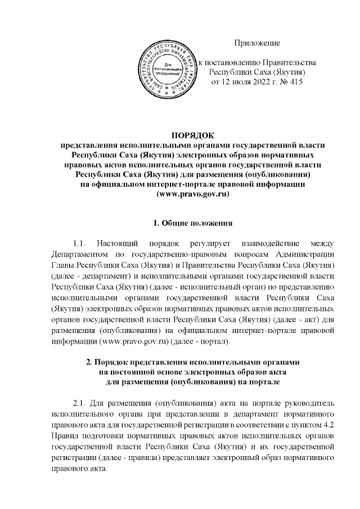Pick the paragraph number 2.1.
pos(82,404)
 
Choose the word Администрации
pos(304,253)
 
